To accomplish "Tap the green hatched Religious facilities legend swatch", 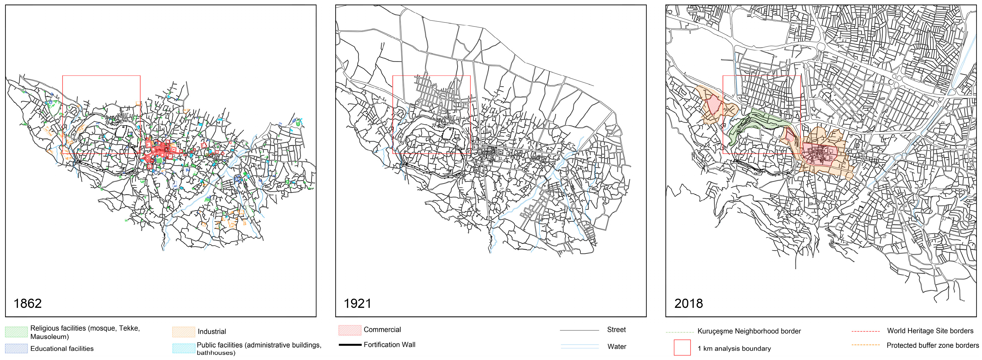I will (x=16, y=332).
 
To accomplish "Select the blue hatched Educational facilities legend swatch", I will (x=16, y=348).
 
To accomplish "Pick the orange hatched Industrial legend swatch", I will (x=183, y=332).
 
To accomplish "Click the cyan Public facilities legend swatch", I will (x=183, y=348).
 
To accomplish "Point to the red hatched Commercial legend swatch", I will (x=350, y=330).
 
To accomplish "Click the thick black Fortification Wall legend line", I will (x=350, y=345).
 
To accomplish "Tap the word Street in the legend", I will (x=616, y=330).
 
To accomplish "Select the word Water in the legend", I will (x=616, y=346).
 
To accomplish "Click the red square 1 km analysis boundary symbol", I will (x=682, y=347).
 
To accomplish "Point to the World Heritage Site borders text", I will (x=930, y=331).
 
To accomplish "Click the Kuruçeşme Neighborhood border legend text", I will (x=749, y=331).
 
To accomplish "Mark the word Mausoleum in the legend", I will (x=49, y=337).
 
